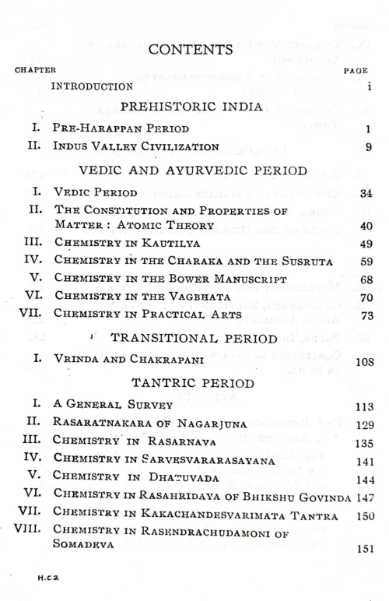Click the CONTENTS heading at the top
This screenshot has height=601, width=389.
point(191,50)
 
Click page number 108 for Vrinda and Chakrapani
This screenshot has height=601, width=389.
point(365,361)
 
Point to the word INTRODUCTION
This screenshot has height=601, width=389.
point(90,86)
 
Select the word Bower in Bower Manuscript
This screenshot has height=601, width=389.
point(185,279)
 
